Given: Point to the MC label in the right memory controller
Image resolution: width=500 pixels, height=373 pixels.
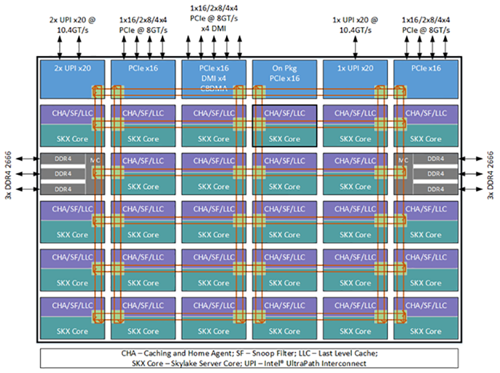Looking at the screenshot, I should pos(403,160).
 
